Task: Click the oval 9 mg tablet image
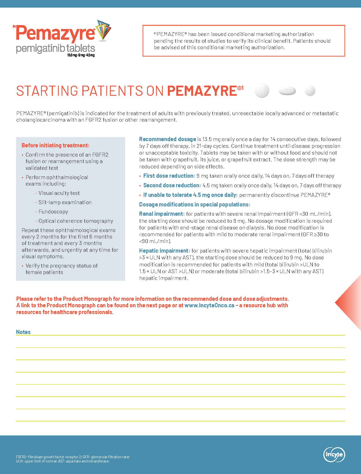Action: (287, 91)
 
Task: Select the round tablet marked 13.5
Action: (262, 90)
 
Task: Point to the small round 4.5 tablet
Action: (310, 91)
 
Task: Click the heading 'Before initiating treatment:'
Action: (55, 145)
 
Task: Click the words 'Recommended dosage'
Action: (168, 139)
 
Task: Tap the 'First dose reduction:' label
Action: (169, 176)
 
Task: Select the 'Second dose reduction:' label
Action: (172, 185)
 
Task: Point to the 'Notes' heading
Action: (23, 332)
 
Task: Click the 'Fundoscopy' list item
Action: (53, 212)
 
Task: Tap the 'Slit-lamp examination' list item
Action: (65, 202)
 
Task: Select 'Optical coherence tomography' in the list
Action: (76, 221)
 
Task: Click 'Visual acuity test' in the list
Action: (59, 193)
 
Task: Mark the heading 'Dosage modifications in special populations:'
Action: (195, 204)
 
